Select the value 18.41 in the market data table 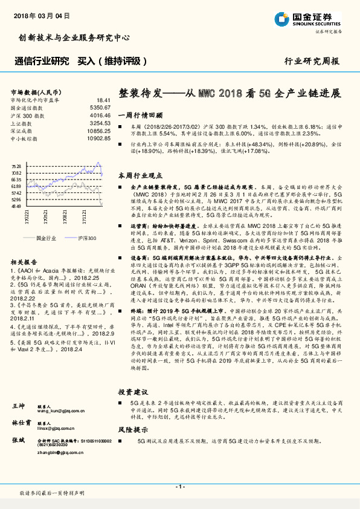pyautogui.click(x=103, y=100)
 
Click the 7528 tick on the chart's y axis pyautogui.click(x=16, y=166)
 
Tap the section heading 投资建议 pyautogui.click(x=132, y=392)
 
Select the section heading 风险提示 pyautogui.click(x=132, y=430)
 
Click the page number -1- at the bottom pyautogui.click(x=179, y=486)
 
